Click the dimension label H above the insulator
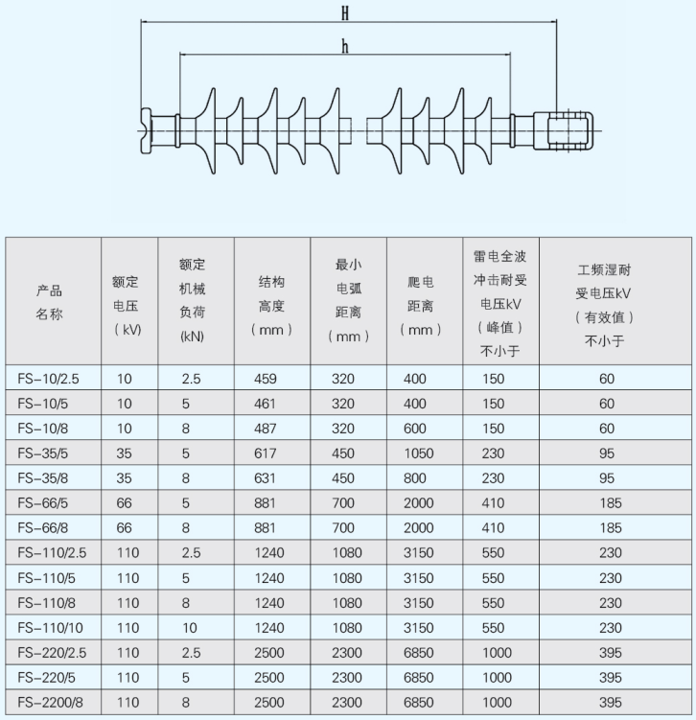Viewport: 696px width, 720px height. coord(345,13)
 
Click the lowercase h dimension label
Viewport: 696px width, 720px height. coord(345,46)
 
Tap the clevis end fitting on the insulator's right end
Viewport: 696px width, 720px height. coord(564,131)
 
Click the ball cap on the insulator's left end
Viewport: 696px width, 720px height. coord(146,131)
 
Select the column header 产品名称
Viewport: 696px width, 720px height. coord(49,302)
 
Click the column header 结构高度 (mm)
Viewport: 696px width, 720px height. coord(272,306)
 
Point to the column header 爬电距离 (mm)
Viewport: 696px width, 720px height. coord(421,306)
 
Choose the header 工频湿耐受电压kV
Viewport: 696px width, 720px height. coord(604,306)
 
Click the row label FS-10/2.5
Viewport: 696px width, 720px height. coord(48,379)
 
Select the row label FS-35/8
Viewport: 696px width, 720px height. coord(43,478)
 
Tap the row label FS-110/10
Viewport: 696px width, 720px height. coord(51,628)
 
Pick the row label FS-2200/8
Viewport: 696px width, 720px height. coord(51,702)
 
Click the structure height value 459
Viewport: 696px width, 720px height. coord(266,379)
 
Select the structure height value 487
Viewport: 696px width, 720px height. coord(266,429)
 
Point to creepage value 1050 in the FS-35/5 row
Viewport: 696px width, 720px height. coord(419,453)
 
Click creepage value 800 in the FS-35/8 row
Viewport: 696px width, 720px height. coord(415,478)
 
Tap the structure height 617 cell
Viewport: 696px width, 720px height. coord(266,453)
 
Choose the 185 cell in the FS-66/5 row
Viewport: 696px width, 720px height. coord(611,503)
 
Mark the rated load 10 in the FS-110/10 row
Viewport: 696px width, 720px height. coord(190,628)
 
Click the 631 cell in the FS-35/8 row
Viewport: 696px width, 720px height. coord(265,478)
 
